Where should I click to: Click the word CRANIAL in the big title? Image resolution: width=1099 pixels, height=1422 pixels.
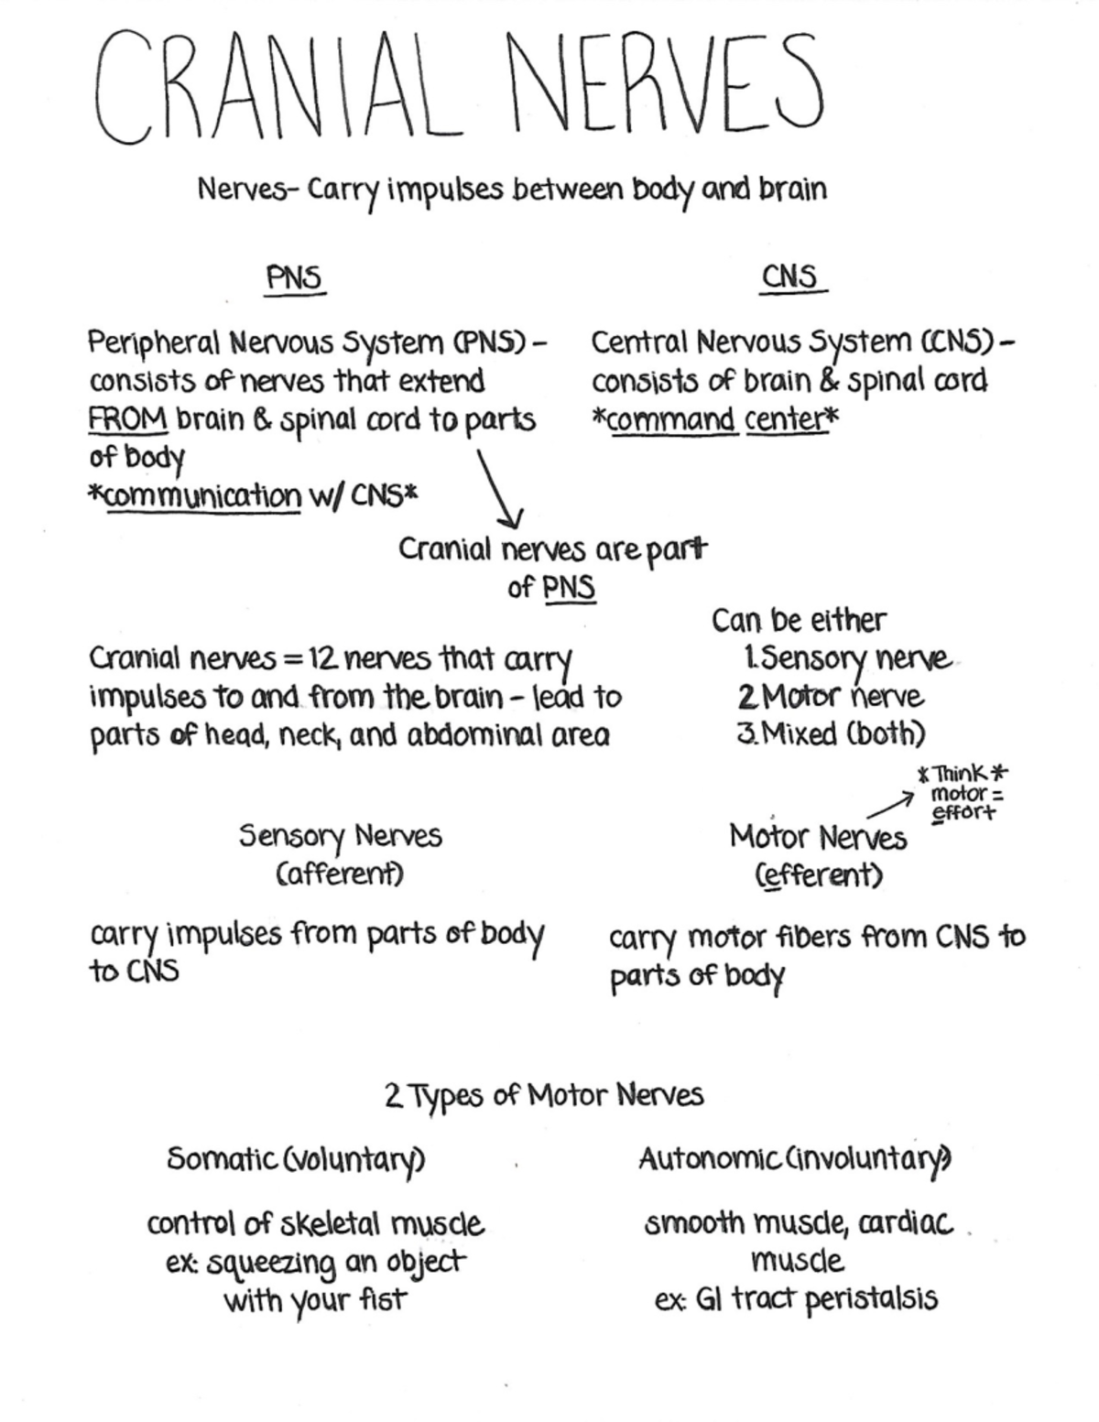pyautogui.click(x=275, y=87)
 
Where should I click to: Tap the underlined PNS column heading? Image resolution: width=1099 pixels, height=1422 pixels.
pyautogui.click(x=295, y=277)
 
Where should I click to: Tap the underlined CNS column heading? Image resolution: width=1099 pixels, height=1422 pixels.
pyautogui.click(x=790, y=276)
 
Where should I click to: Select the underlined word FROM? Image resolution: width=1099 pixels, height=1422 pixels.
pyautogui.click(x=127, y=419)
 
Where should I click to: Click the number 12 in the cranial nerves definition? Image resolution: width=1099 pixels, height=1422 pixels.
pyautogui.click(x=323, y=658)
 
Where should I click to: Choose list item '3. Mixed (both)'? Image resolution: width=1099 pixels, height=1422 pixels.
pyautogui.click(x=832, y=733)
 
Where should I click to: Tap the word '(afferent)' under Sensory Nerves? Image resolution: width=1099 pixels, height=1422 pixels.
pyautogui.click(x=340, y=874)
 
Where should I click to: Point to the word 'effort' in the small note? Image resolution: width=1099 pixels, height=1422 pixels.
pyautogui.click(x=962, y=813)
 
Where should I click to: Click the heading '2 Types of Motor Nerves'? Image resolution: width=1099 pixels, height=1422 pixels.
pyautogui.click(x=545, y=1095)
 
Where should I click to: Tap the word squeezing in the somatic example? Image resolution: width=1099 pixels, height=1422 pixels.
pyautogui.click(x=270, y=1265)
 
